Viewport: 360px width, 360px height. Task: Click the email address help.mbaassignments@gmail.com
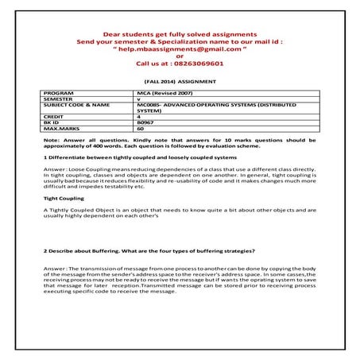click(180, 48)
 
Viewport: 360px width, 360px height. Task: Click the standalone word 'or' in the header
click(180, 56)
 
